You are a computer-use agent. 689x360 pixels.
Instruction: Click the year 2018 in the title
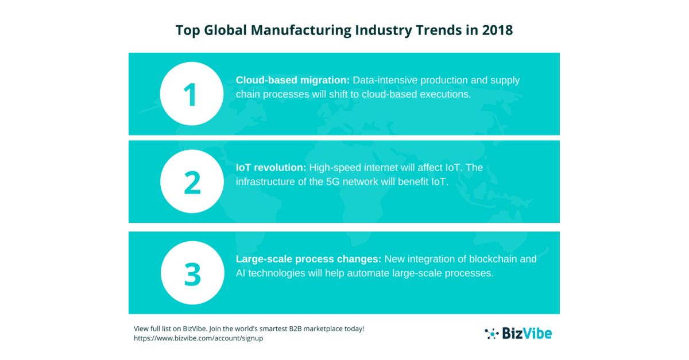[497, 30]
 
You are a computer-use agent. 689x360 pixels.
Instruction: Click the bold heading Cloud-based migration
[293, 80]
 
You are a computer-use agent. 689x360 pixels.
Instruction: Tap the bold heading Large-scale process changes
[309, 259]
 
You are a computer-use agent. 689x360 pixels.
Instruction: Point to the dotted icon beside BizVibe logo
[492, 333]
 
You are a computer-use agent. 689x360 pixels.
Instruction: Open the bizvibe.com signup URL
[198, 339]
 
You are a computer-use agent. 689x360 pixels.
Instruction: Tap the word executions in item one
[445, 94]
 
